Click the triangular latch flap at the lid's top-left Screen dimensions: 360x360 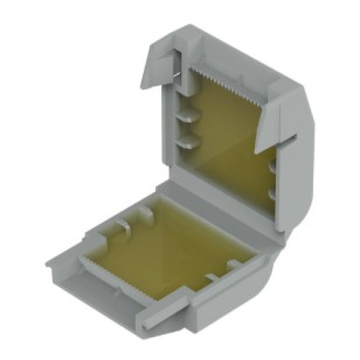click(x=163, y=58)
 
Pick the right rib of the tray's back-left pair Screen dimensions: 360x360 click(x=148, y=212)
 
